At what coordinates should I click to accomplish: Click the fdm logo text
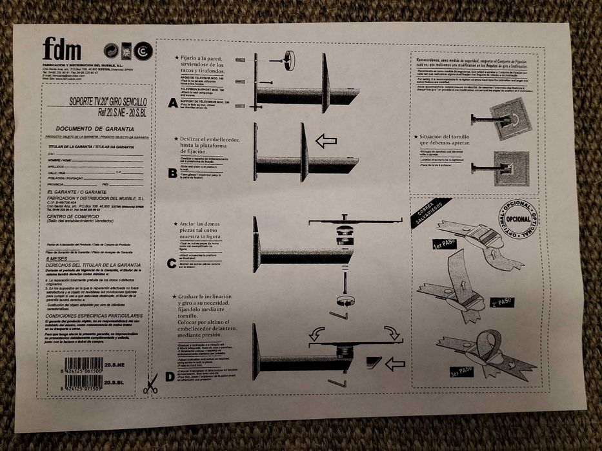[62, 50]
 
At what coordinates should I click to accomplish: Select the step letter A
[172, 102]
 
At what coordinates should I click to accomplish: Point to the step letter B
[172, 173]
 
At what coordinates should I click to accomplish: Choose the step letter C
[172, 262]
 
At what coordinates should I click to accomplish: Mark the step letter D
[170, 376]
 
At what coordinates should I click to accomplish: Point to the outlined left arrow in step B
[326, 141]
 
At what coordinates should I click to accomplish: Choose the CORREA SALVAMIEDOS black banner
[430, 213]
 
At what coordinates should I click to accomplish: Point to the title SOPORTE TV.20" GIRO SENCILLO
[108, 102]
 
